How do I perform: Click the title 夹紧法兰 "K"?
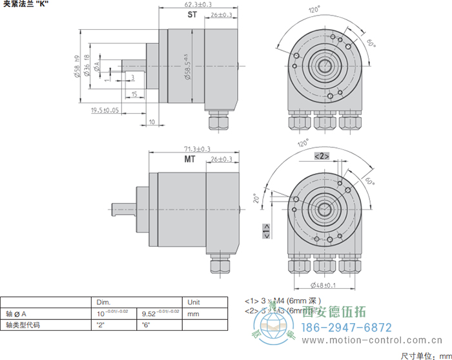26,5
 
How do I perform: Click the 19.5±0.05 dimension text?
106,111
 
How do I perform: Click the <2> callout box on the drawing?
322,156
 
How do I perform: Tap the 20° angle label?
255,198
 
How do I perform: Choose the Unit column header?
194,302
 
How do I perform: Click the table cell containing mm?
192,313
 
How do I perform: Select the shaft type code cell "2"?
101,325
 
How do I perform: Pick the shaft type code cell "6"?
146,325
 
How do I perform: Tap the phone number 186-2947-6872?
347,326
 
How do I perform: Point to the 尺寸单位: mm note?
423,355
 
